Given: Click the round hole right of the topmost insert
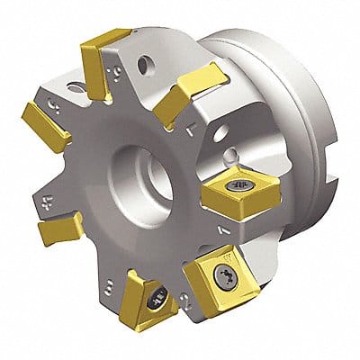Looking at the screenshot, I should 143,66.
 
